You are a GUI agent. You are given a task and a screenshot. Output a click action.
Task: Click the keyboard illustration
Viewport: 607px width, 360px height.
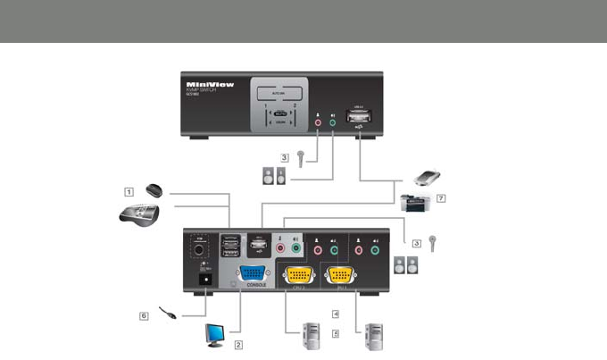[x=139, y=214]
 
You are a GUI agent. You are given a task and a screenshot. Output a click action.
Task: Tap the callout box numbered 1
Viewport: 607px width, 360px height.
[x=129, y=190]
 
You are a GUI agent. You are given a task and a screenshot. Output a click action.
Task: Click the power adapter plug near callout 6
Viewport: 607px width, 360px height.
[x=167, y=313]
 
